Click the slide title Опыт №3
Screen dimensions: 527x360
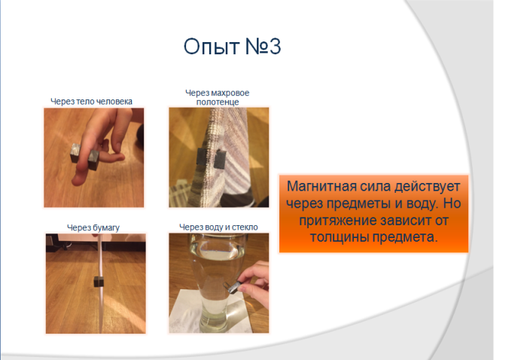(x=232, y=46)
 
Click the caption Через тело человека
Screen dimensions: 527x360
(x=91, y=101)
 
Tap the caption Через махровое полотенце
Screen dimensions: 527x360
(x=218, y=97)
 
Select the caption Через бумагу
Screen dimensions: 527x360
(x=93, y=227)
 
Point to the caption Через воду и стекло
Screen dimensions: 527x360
(x=218, y=227)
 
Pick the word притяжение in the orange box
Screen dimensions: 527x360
(x=338, y=221)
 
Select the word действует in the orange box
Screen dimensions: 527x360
(x=427, y=187)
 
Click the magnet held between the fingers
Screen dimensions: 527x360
(x=84, y=157)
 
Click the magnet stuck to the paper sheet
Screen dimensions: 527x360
(x=98, y=282)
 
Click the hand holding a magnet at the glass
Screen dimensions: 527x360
(x=254, y=282)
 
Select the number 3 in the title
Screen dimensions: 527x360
(x=275, y=46)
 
